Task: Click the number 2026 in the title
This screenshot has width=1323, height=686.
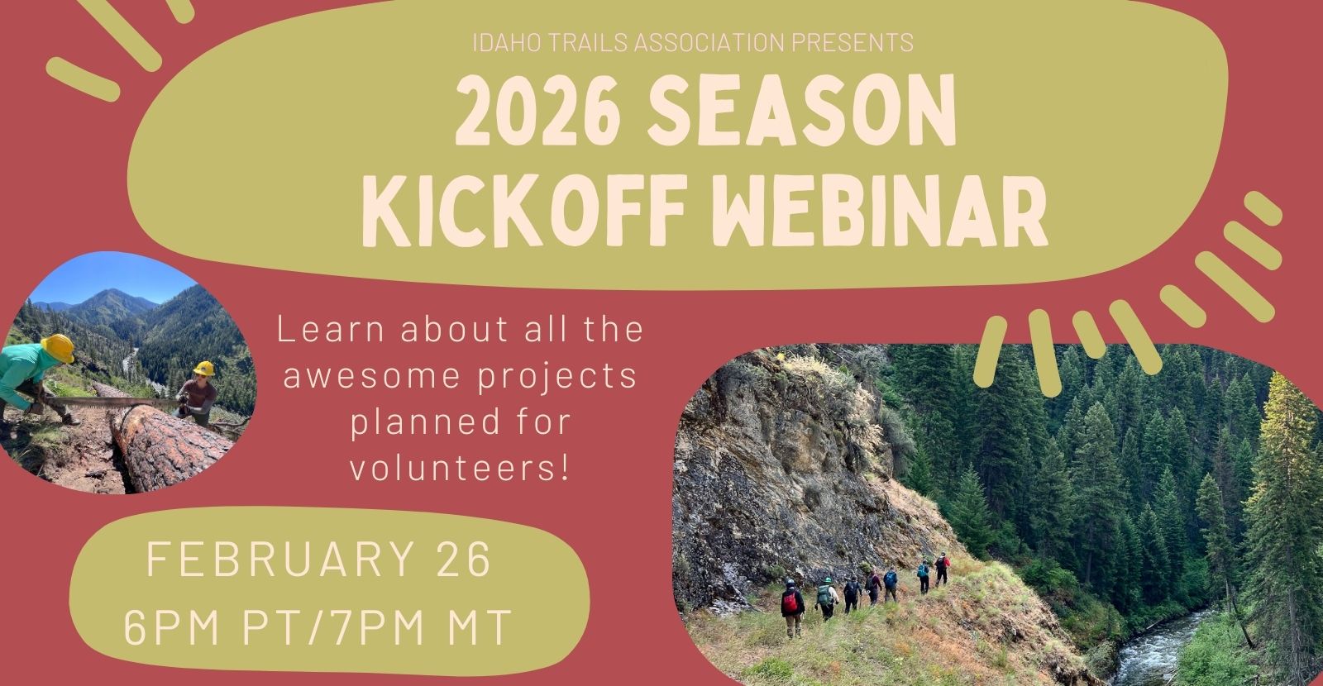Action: click(x=537, y=111)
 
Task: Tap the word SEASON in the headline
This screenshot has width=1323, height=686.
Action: click(x=801, y=111)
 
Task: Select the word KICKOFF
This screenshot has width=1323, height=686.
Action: click(x=523, y=211)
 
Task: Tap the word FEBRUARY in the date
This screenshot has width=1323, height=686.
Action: click(x=280, y=558)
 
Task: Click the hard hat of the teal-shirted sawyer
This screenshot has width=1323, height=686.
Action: click(x=58, y=348)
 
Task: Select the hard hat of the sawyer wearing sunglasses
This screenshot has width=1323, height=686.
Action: click(x=204, y=369)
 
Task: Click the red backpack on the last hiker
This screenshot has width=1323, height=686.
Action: click(x=790, y=603)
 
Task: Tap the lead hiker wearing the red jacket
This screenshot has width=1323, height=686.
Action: click(x=942, y=569)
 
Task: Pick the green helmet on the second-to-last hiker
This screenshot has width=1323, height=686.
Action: click(x=828, y=581)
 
